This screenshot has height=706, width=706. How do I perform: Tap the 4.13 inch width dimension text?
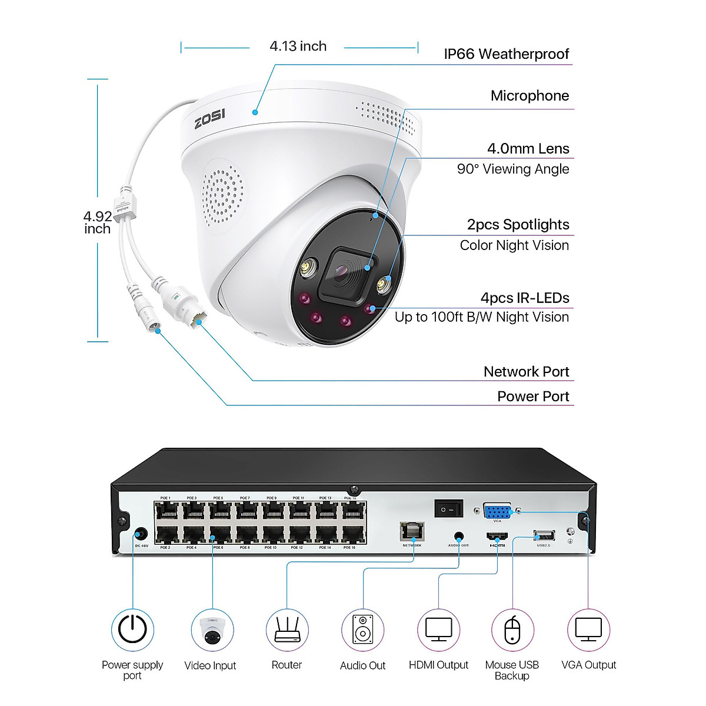pyautogui.click(x=298, y=46)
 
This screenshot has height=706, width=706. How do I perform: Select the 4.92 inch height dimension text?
pyautogui.click(x=97, y=223)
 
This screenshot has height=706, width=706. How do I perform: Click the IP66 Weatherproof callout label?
pyautogui.click(x=506, y=54)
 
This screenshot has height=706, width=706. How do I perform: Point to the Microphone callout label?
pyautogui.click(x=529, y=96)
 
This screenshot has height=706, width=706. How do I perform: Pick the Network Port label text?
pyautogui.click(x=526, y=372)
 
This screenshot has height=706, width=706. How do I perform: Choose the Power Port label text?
pyautogui.click(x=533, y=397)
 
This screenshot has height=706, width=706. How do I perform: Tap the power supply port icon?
pyautogui.click(x=133, y=630)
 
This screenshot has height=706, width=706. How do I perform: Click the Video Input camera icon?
pyautogui.click(x=212, y=630)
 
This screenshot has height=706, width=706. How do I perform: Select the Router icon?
pyautogui.click(x=287, y=630)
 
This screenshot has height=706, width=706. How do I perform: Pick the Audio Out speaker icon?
pyautogui.click(x=362, y=630)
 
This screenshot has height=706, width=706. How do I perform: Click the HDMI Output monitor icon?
pyautogui.click(x=438, y=630)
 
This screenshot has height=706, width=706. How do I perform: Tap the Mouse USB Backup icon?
pyautogui.click(x=512, y=630)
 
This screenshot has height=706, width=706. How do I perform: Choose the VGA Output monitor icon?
pyautogui.click(x=588, y=630)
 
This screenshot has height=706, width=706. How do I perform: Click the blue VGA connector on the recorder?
pyautogui.click(x=497, y=511)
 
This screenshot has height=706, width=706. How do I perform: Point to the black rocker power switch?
pyautogui.click(x=449, y=508)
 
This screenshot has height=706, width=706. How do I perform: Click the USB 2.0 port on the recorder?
pyautogui.click(x=544, y=535)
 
